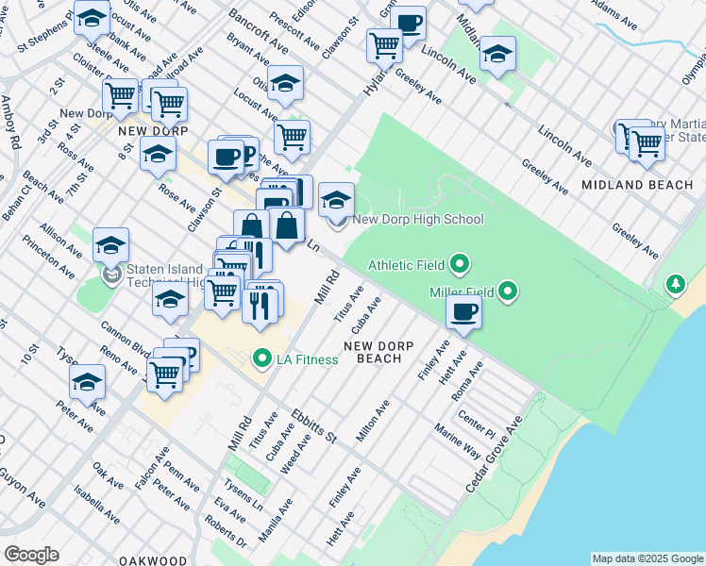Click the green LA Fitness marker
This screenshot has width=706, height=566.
[x=261, y=358]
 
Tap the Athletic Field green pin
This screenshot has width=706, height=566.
[x=460, y=264]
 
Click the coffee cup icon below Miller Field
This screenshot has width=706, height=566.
[x=463, y=313]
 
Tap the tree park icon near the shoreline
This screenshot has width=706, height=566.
[x=675, y=283]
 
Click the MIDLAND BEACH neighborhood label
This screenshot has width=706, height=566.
[x=637, y=185]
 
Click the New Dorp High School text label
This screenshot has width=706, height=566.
[x=417, y=220]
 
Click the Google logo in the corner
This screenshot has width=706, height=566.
[x=31, y=555]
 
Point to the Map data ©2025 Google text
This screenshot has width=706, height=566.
[x=647, y=558]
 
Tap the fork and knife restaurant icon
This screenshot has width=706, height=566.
[x=261, y=304]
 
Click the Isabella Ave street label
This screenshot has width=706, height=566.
[x=98, y=505]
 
